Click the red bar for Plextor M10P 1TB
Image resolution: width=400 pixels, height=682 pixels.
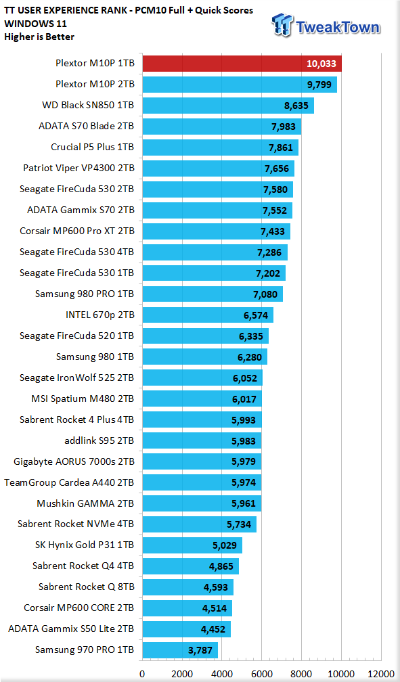(x=242, y=64)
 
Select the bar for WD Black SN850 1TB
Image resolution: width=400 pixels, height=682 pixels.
(x=228, y=106)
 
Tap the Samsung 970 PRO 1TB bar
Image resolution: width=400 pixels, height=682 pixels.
(x=180, y=650)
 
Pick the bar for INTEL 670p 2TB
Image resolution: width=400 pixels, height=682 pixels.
(x=208, y=315)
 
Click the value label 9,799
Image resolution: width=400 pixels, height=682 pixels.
(x=319, y=85)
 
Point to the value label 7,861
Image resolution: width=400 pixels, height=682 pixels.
(x=281, y=147)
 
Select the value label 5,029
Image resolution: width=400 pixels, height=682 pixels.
(x=225, y=545)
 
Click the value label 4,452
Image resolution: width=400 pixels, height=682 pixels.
(x=213, y=629)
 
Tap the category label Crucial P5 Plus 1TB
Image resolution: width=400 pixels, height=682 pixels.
(x=92, y=147)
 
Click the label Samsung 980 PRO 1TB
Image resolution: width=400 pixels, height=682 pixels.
(x=85, y=294)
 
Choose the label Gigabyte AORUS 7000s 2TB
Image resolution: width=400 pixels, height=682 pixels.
(x=74, y=461)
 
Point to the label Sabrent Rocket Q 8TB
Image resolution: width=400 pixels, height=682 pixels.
(x=86, y=587)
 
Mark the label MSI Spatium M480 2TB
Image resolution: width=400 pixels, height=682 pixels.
(x=83, y=399)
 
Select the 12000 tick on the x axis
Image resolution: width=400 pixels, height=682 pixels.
(x=381, y=674)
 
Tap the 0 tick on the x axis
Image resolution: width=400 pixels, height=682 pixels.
(x=142, y=674)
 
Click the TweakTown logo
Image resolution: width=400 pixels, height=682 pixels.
(x=326, y=26)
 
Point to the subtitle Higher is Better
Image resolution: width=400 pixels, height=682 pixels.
(x=39, y=37)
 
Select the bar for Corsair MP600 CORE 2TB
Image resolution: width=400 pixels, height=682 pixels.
(x=187, y=608)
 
